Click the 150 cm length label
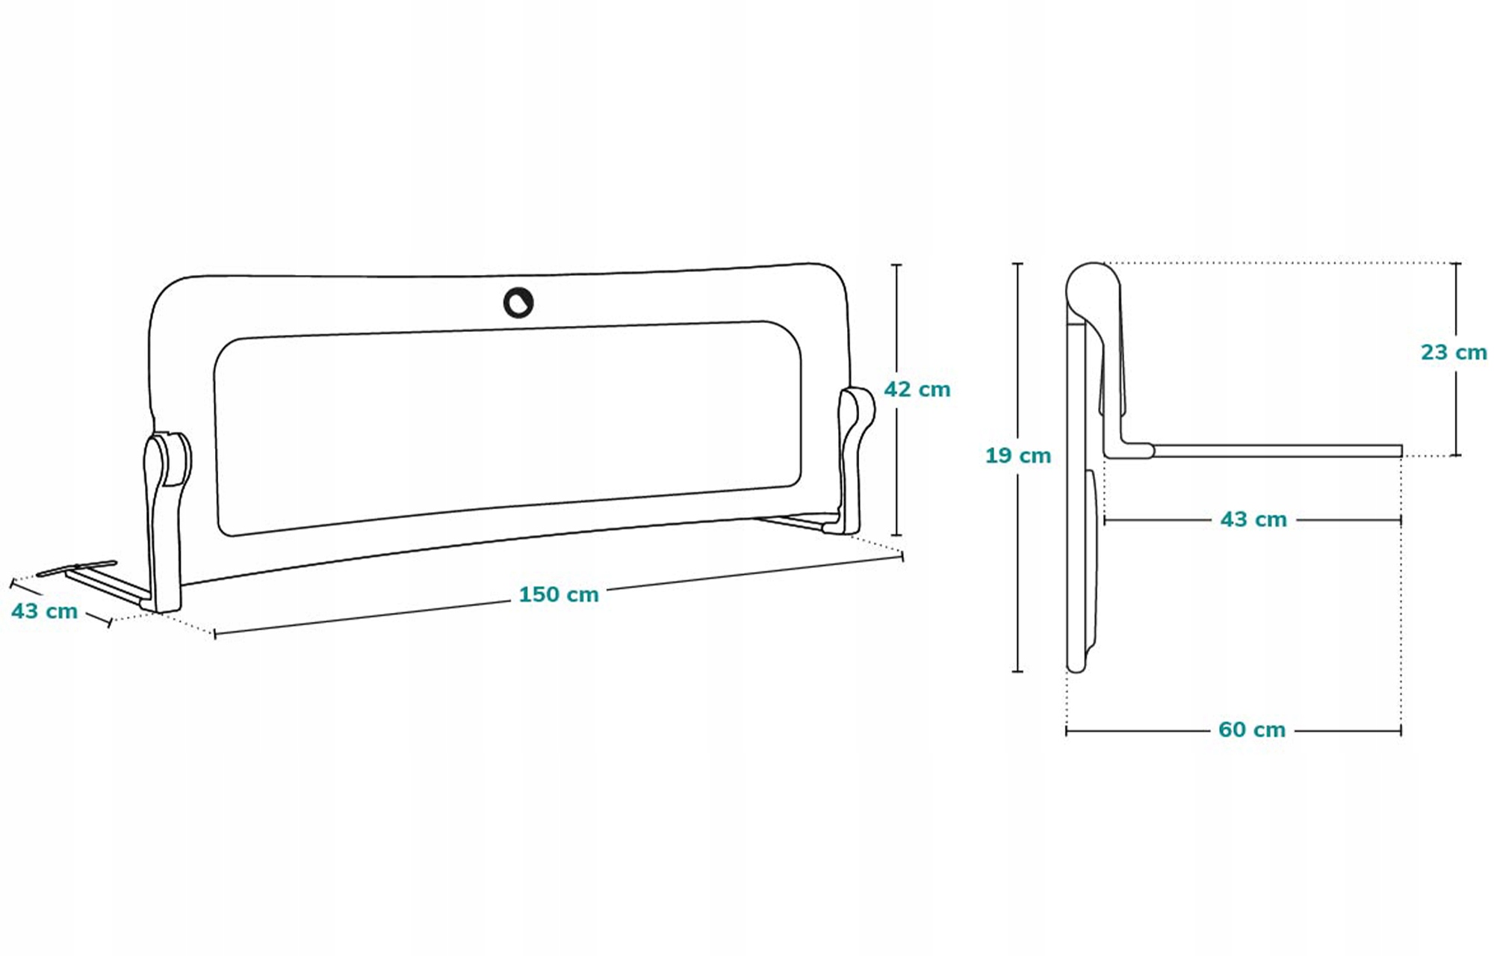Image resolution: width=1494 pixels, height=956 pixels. (x=559, y=594)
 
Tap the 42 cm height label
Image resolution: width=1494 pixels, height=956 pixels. (x=917, y=389)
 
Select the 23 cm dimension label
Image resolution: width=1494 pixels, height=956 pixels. (x=1453, y=352)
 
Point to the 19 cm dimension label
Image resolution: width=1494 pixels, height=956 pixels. (x=1017, y=455)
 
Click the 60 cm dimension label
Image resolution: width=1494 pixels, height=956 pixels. (x=1251, y=730)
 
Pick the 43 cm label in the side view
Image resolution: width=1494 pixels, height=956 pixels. (x=1253, y=519)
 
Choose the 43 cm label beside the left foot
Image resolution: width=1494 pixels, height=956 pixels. (x=44, y=611)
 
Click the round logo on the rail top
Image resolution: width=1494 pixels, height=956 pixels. (x=518, y=302)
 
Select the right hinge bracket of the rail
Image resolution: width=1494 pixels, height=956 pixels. (x=855, y=456)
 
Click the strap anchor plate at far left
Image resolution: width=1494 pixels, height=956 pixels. (x=77, y=568)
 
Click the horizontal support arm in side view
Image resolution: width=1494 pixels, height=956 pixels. (x=1277, y=451)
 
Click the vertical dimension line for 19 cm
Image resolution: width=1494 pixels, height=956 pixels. (x=1017, y=561)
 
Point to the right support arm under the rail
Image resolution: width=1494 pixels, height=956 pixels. (x=792, y=522)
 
